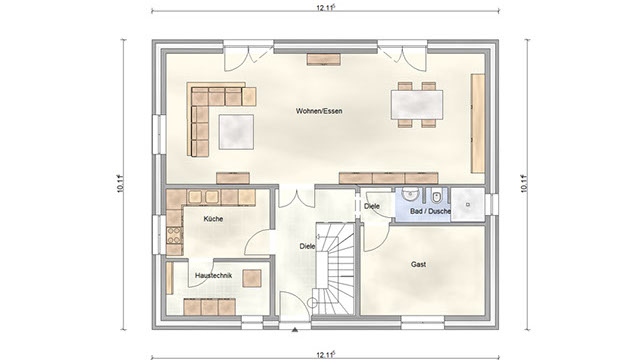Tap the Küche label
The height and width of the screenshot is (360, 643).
(x=213, y=219)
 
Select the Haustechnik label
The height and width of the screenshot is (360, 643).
(x=213, y=276)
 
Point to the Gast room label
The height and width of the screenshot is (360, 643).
(x=418, y=264)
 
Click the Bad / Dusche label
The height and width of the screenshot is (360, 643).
(x=430, y=211)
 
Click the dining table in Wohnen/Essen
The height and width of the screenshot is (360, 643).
(x=417, y=105)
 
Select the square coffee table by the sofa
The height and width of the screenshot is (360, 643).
(x=236, y=132)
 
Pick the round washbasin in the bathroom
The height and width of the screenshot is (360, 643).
(x=409, y=195)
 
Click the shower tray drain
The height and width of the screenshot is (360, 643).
(x=467, y=204)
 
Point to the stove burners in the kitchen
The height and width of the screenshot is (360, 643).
(x=174, y=235)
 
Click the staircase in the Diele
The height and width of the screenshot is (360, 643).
(x=333, y=269)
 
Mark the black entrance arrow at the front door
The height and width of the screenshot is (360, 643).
(x=294, y=329)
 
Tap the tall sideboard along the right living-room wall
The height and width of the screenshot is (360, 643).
(x=478, y=123)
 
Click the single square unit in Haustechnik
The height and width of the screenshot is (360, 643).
(x=252, y=278)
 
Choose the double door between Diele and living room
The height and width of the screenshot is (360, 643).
(x=296, y=197)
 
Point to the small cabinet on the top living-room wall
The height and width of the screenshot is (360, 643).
(x=324, y=59)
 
